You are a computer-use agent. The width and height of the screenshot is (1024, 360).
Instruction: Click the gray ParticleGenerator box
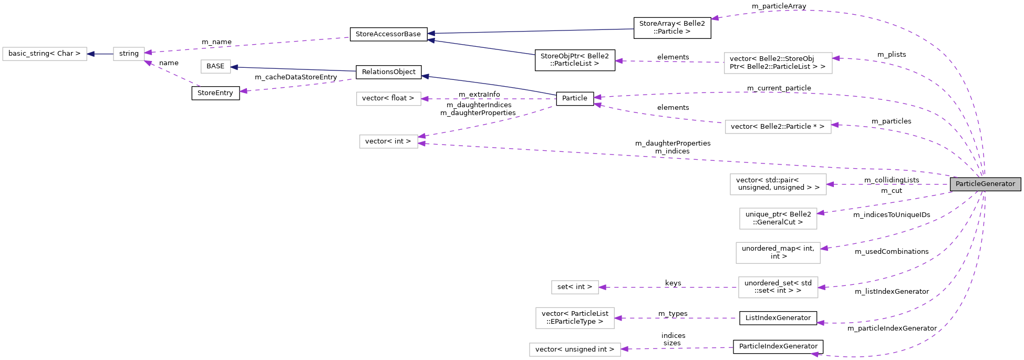pos(985,184)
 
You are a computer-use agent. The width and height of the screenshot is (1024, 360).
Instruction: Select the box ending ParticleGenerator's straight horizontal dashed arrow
pos(778,184)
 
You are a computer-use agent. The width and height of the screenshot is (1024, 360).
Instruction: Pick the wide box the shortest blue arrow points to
pos(45,54)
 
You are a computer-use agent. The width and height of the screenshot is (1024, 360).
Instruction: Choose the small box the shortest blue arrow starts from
pos(129,54)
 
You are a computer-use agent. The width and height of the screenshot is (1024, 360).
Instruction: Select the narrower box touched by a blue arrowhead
pos(216,67)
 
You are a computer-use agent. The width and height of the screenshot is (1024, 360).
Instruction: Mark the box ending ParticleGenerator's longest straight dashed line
pos(389,142)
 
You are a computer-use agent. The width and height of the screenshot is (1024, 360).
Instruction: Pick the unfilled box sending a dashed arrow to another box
pos(778,287)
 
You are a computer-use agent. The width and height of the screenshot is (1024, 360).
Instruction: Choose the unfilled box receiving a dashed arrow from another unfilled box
pos(575,287)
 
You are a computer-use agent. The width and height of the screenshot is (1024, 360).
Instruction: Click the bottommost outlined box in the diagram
pos(575,349)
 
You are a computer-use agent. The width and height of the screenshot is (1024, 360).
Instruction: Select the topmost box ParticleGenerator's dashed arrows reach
pos(778,63)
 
